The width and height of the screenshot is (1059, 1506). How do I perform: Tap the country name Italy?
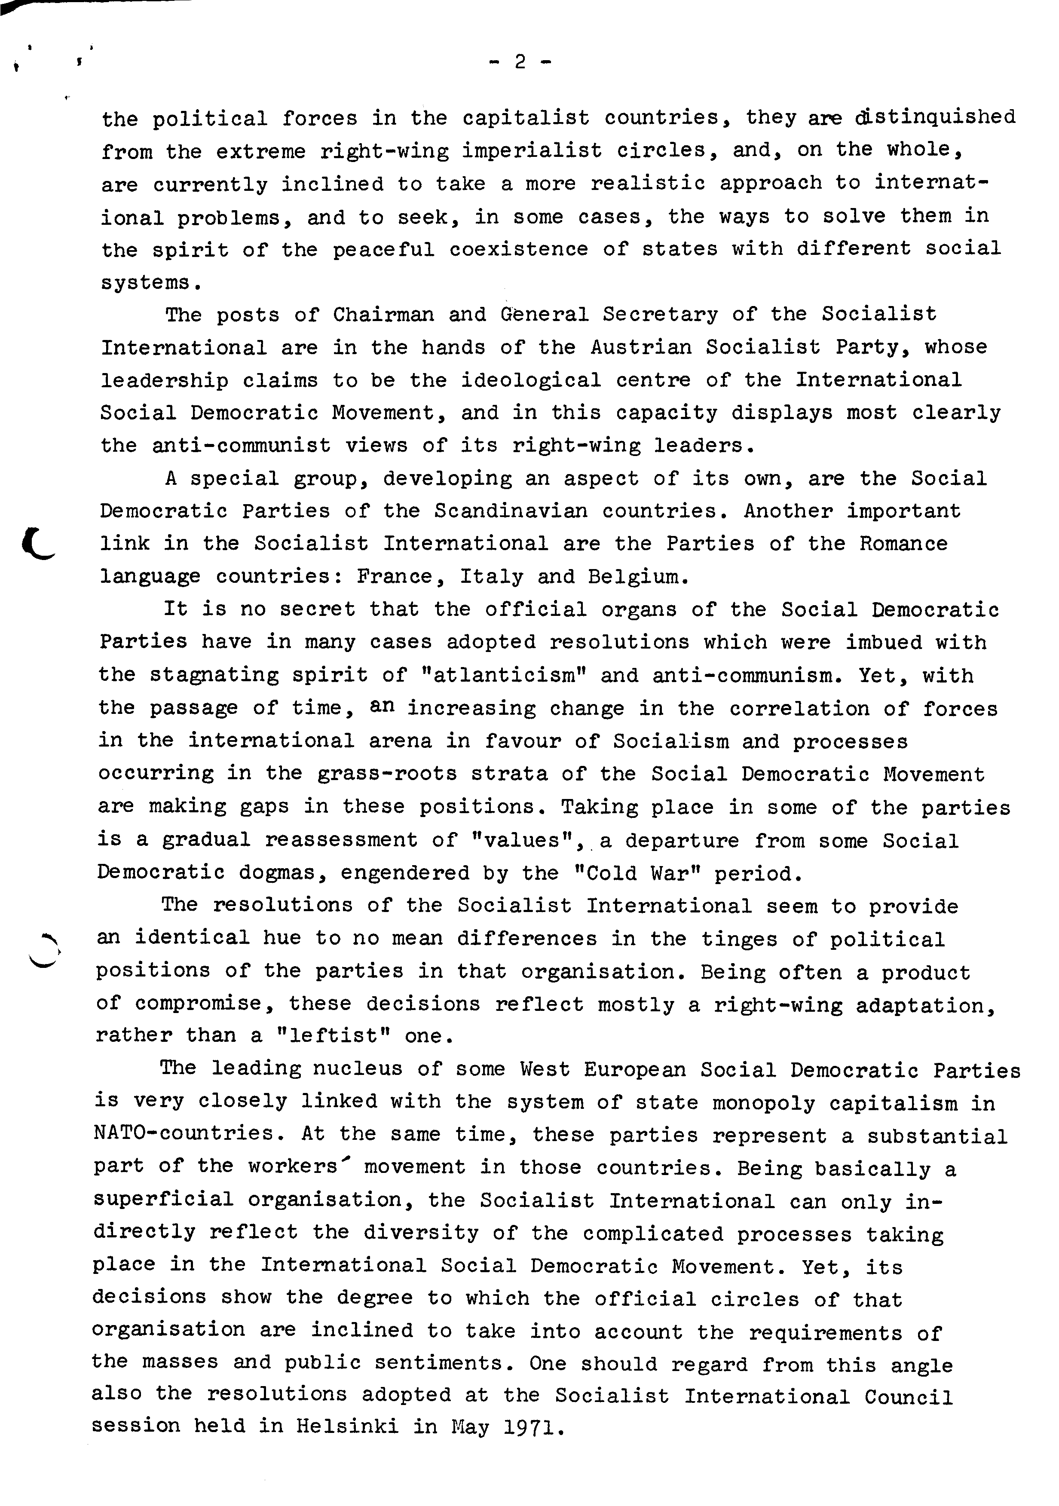point(491,577)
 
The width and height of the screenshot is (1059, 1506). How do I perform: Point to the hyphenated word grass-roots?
point(387,774)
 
